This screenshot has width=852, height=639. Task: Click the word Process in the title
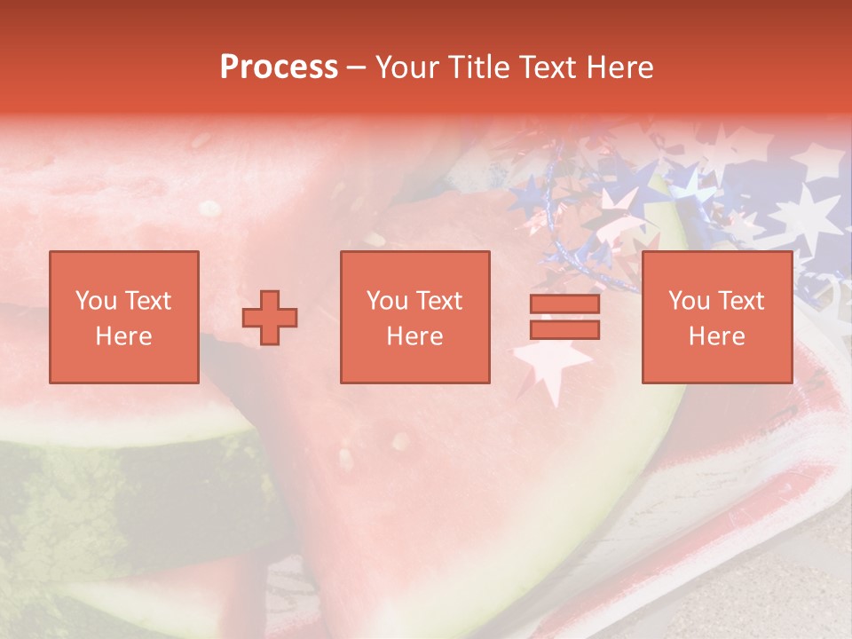pos(279,67)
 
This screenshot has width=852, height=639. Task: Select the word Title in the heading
pos(477,67)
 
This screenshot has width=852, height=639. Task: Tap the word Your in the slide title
pos(406,67)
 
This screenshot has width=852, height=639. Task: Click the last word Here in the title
pos(619,67)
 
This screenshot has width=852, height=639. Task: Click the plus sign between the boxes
pos(270,318)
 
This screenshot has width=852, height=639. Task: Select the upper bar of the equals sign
pos(564,304)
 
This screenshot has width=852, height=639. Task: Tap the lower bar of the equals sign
pos(564,329)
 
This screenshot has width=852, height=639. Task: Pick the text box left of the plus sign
pos(123,317)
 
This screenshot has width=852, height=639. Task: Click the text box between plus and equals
pos(414,317)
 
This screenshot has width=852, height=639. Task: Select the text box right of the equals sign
pos(716,317)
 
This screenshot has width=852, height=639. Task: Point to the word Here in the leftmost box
pos(123,336)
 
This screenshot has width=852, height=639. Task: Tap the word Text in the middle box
pos(439,301)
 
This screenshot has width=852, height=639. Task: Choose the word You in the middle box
pos(386,301)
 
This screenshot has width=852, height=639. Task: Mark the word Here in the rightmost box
pos(716,336)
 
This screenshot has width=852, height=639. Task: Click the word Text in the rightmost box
pos(741,301)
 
